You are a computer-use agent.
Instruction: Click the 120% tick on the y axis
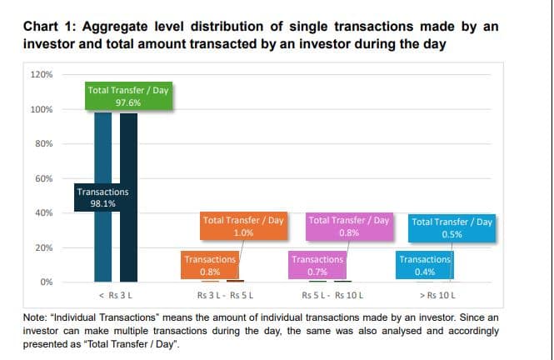[x=42, y=75]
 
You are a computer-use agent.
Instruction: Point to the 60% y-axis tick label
[x=44, y=178]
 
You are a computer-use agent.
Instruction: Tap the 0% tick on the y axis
[x=47, y=282]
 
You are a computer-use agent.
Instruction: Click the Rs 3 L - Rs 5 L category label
[x=224, y=296]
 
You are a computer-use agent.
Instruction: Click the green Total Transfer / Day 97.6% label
[x=128, y=96]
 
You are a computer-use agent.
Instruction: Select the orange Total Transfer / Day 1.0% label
[x=244, y=227]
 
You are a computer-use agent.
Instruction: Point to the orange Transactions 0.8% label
[x=210, y=265]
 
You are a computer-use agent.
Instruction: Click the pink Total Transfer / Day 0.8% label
[x=349, y=227]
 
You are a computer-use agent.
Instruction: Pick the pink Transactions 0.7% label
[x=317, y=265]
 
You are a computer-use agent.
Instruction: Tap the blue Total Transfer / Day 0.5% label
[x=452, y=227]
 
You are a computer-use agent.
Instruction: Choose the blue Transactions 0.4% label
[x=425, y=265]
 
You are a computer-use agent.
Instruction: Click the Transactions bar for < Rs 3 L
[x=102, y=242]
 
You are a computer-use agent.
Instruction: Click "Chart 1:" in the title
[x=50, y=27]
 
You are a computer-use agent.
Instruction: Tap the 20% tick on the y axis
[x=44, y=247]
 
